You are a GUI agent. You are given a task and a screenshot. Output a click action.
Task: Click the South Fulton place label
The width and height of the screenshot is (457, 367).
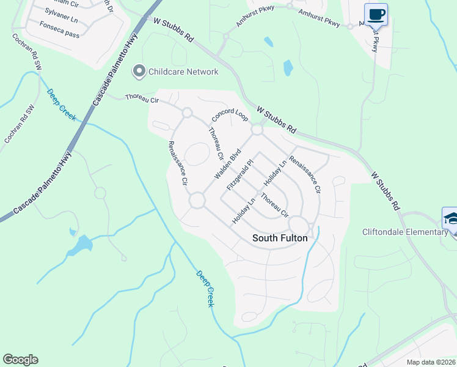click(x=280, y=239)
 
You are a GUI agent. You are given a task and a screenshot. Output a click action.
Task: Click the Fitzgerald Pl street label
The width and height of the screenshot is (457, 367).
click(x=239, y=175)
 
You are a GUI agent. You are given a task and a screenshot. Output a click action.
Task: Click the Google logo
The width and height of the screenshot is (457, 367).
click(x=20, y=360)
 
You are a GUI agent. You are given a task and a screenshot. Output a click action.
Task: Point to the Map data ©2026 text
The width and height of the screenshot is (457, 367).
click(x=431, y=361)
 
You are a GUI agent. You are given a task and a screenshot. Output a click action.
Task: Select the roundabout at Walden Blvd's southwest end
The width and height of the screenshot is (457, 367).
click(x=197, y=201)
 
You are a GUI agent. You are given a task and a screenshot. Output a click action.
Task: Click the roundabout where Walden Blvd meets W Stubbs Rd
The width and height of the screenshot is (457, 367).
click(x=257, y=130)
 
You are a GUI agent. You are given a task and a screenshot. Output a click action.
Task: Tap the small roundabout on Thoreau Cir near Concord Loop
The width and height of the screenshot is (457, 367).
click(x=187, y=113)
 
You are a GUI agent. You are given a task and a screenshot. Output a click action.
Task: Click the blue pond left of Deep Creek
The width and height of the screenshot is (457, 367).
click(x=81, y=245)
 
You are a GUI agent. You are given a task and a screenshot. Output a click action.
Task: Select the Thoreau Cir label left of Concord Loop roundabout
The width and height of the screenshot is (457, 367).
click(x=141, y=97)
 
